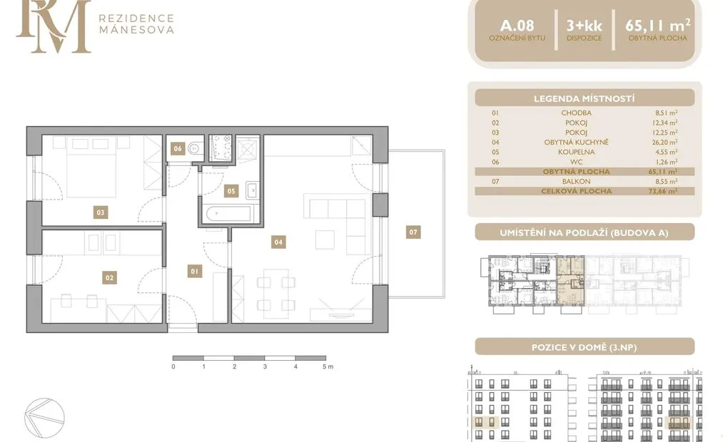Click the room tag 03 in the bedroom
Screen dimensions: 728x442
pyautogui.click(x=101, y=212)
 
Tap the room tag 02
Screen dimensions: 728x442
pyautogui.click(x=109, y=278)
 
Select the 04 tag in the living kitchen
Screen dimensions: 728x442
pyautogui.click(x=278, y=242)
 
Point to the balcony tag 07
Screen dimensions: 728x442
pyautogui.click(x=413, y=232)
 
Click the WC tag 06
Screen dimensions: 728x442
pyautogui.click(x=178, y=148)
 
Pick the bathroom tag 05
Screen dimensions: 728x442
pyautogui.click(x=231, y=190)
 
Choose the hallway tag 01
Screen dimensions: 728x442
pyautogui.click(x=195, y=272)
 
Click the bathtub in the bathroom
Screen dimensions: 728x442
pyautogui.click(x=228, y=215)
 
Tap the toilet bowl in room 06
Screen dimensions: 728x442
pyautogui.click(x=196, y=148)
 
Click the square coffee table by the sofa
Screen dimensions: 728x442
pyautogui.click(x=325, y=240)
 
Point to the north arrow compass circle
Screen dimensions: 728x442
pyautogui.click(x=44, y=418)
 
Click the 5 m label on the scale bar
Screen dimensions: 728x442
pyautogui.click(x=328, y=366)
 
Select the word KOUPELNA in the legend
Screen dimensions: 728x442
pyautogui.click(x=577, y=152)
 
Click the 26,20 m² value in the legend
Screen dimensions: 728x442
pyautogui.click(x=664, y=143)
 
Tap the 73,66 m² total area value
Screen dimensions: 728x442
pyautogui.click(x=664, y=191)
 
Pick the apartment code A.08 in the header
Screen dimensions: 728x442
pyautogui.click(x=517, y=26)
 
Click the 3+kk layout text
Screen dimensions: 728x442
pyautogui.click(x=584, y=26)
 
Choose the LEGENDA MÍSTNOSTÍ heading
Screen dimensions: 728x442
pyautogui.click(x=584, y=98)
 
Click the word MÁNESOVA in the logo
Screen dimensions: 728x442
pyautogui.click(x=136, y=30)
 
